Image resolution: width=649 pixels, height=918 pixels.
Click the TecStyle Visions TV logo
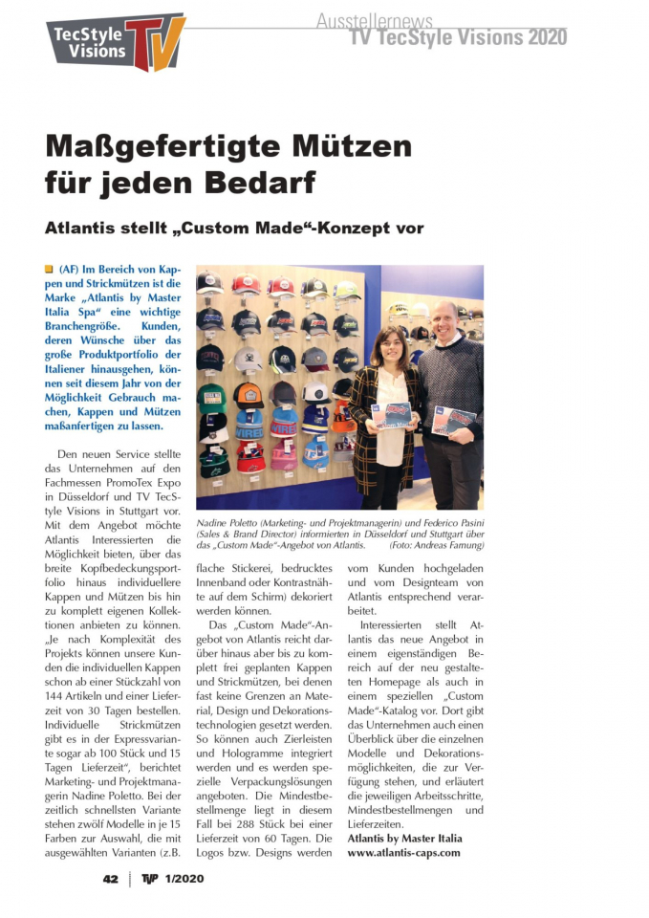[x=116, y=42]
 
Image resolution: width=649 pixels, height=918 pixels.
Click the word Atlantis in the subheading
[x=84, y=229]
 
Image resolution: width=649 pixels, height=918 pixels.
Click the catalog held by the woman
[x=391, y=415]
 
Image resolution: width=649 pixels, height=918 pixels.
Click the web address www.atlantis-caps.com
[x=403, y=852]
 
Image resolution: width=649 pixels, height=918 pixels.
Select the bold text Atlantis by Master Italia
[x=404, y=839]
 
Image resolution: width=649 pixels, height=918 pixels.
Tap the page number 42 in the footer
[x=111, y=879]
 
